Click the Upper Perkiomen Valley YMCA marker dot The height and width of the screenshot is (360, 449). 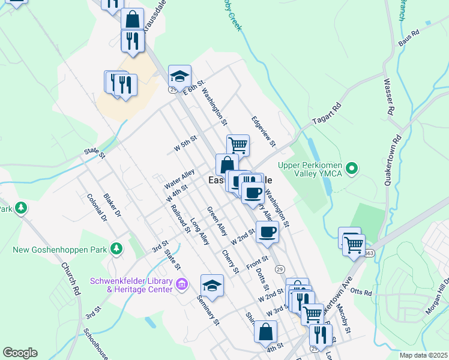click(352, 168)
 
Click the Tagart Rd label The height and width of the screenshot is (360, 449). click(327, 116)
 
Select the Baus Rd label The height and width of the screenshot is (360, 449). click(408, 40)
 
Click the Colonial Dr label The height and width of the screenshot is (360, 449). click(96, 208)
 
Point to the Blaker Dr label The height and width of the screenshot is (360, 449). click(112, 205)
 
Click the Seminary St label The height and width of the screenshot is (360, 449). click(208, 311)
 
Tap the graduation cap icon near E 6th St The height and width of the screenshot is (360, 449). click(179, 76)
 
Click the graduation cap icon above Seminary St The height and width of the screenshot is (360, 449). click(212, 286)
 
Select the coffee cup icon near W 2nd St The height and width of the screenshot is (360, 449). click(267, 232)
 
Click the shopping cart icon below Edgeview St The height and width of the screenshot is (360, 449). click(238, 145)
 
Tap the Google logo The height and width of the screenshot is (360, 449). click(20, 353)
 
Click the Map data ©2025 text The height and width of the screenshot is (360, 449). click(423, 355)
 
